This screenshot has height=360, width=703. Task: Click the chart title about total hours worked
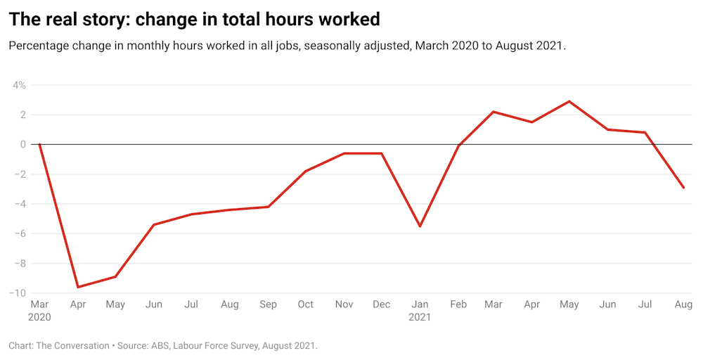point(194,20)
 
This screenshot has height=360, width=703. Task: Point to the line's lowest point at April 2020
point(77,287)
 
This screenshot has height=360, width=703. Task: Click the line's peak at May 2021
point(569,101)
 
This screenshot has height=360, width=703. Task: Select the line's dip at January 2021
point(420,226)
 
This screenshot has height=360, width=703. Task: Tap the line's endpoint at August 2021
point(683,188)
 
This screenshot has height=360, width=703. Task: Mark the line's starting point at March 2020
point(39,144)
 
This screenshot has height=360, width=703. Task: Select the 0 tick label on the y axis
point(22,144)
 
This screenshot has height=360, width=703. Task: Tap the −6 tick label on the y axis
point(20,233)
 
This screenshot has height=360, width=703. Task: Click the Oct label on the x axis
point(306,304)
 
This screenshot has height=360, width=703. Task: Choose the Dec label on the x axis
point(382,304)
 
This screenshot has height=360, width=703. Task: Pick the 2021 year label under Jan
point(420,317)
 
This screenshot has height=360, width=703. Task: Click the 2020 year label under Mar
point(40,317)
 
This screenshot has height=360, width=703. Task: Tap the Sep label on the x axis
point(268,304)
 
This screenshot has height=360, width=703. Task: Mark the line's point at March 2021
point(494,112)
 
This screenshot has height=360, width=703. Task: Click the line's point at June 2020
point(153,224)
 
